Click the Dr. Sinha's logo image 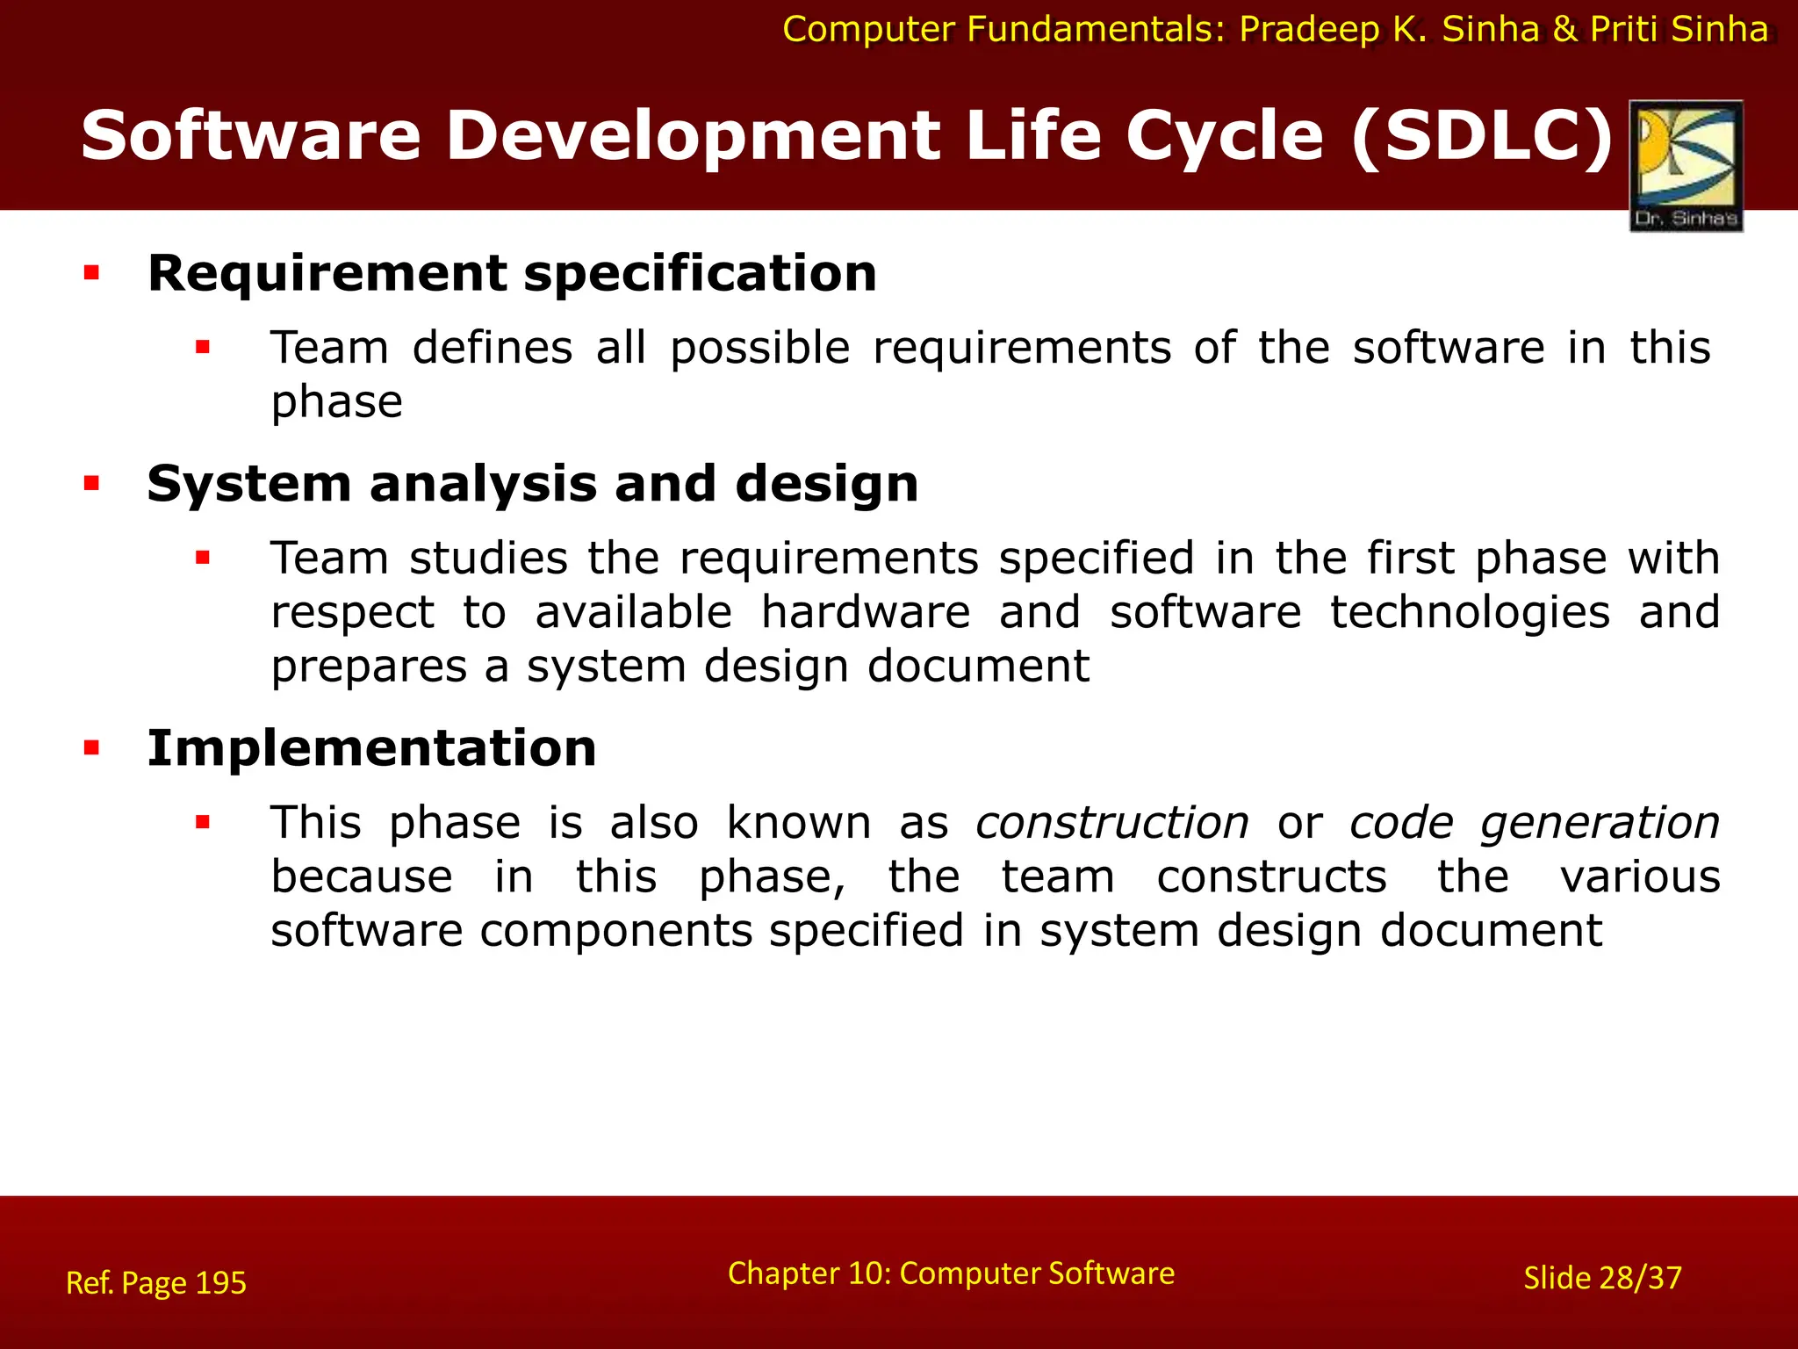point(1686,165)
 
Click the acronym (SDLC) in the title point(1482,136)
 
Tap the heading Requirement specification point(512,273)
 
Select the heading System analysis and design point(532,484)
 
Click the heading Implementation point(371,748)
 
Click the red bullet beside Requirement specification point(91,273)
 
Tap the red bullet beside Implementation point(91,748)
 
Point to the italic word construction point(1111,823)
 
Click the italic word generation point(1599,823)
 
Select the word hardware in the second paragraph point(865,612)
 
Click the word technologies point(1469,612)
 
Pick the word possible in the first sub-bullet point(759,348)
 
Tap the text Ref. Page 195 point(156,1283)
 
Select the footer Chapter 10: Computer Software point(951,1273)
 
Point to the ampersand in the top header point(1564,30)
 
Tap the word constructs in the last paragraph point(1271,876)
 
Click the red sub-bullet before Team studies point(203,558)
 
